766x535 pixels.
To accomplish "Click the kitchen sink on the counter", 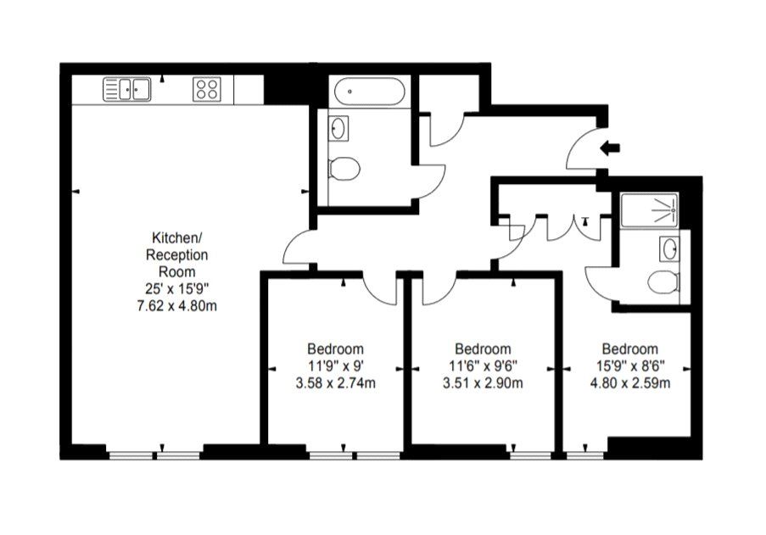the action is tap(127, 89).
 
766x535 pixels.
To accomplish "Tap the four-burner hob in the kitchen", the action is tap(207, 89).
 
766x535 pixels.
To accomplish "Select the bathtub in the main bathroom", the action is tap(369, 92).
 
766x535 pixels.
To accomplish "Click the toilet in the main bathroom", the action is tap(344, 169).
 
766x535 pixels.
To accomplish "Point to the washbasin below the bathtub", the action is tap(338, 128).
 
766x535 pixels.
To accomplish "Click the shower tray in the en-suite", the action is tap(649, 210).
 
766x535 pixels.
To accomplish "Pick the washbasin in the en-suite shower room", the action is tap(669, 249).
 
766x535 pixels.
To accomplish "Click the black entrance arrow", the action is tap(610, 148).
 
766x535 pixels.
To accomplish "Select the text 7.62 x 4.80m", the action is tap(176, 306).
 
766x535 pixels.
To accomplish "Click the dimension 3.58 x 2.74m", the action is tap(336, 383).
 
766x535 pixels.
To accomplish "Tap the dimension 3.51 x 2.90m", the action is tap(483, 383).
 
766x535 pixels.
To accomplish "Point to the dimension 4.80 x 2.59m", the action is tap(630, 383).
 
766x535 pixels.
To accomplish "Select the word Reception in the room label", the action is tap(176, 255).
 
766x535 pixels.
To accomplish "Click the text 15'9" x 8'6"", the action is tap(630, 365).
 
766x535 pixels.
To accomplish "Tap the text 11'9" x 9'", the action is tap(336, 365).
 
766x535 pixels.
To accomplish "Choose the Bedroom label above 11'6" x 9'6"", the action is tap(483, 349).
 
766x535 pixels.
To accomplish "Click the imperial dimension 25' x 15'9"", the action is tap(176, 289).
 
